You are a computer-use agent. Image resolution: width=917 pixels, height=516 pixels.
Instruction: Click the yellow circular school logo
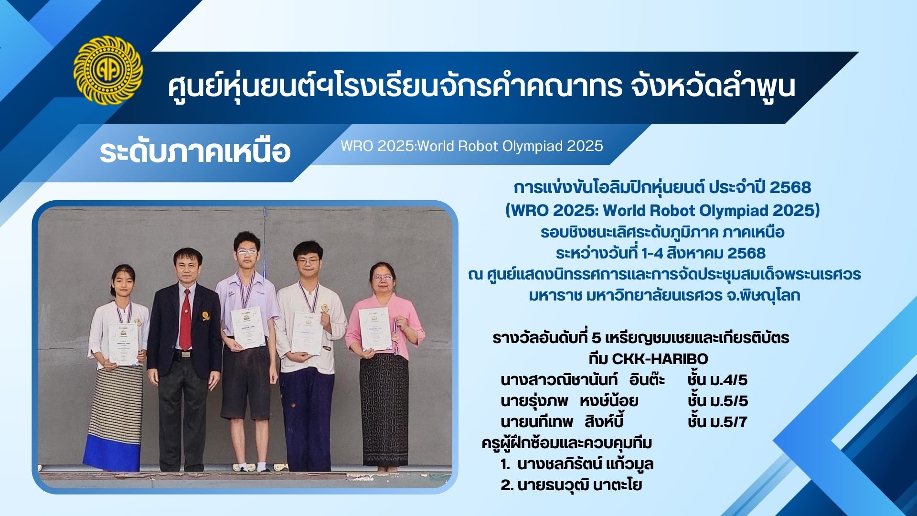coord(108,71)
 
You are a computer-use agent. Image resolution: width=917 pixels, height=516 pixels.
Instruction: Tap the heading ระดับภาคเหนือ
coord(195,151)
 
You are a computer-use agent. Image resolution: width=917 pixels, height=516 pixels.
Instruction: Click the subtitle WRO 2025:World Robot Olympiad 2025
coord(471,146)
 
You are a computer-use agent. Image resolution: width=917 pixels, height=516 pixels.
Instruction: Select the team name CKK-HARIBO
coord(648,358)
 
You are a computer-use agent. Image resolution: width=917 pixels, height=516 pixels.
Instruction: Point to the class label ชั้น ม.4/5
coord(717,380)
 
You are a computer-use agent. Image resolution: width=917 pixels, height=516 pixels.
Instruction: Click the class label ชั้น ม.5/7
coord(717,422)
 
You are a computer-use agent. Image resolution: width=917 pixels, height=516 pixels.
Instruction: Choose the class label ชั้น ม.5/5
coord(717,401)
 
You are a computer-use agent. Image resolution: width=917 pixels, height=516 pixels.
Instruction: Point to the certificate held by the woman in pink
coord(375,329)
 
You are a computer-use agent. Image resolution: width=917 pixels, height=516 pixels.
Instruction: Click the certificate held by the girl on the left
coord(123,344)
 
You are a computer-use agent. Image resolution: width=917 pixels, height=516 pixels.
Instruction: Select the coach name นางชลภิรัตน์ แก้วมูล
coord(577,464)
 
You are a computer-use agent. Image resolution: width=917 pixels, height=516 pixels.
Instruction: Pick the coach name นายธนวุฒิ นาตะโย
coord(571,485)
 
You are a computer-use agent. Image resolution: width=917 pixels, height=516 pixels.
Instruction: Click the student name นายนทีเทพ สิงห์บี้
coord(562,422)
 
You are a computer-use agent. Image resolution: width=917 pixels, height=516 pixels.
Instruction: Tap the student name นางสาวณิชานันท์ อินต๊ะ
coord(583,380)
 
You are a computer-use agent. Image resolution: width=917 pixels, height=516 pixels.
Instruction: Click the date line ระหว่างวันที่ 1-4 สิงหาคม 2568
coord(661,253)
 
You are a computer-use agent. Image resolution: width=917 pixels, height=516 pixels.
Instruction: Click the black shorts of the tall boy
coord(246,382)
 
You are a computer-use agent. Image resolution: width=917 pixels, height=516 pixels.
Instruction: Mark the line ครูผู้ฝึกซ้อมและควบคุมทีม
coord(567,443)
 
